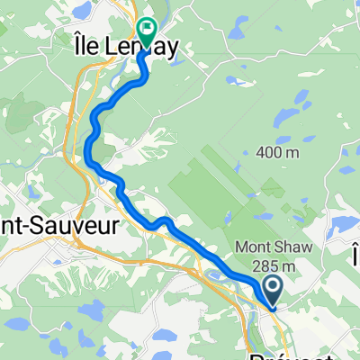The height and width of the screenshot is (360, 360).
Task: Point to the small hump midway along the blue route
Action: pos(163,220)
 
